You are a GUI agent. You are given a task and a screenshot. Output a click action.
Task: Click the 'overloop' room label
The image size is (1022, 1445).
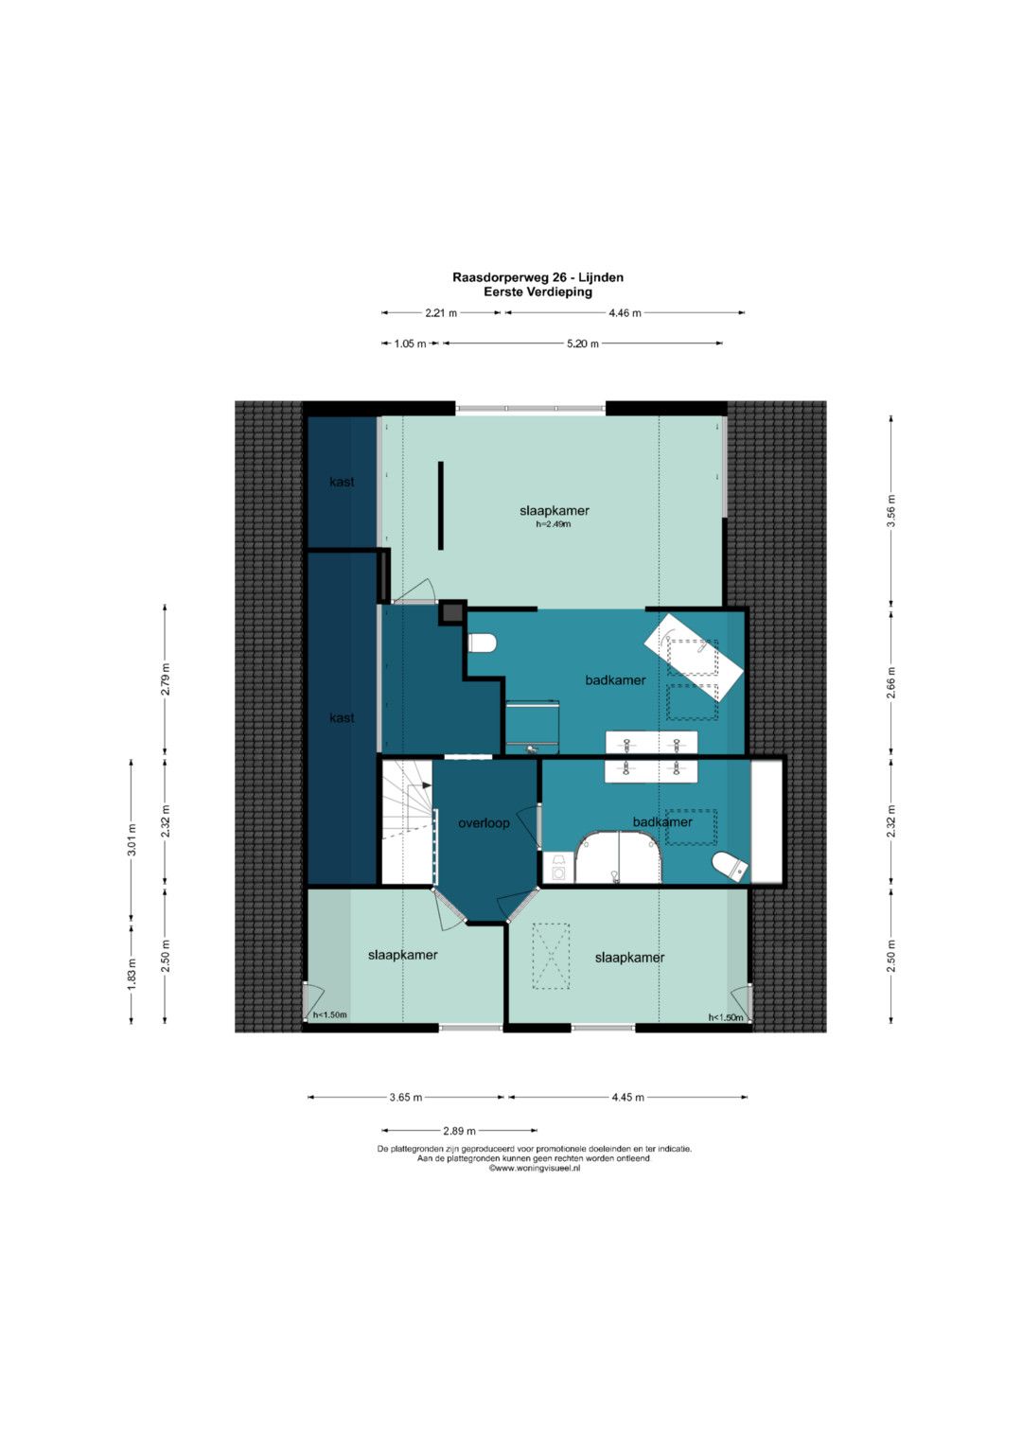point(484,823)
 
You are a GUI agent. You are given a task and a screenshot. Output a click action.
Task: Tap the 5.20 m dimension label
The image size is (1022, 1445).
point(583,344)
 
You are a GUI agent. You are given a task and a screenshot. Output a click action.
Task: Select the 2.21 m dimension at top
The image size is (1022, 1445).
point(441,313)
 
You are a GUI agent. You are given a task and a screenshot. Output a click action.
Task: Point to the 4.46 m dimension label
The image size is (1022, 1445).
point(625,313)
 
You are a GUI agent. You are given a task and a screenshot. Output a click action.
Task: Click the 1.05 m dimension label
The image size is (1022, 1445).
point(410,344)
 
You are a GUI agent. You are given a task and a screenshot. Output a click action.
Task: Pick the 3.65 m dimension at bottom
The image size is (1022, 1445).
point(406,1098)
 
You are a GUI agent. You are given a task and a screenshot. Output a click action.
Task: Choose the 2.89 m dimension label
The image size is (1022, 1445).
point(459,1131)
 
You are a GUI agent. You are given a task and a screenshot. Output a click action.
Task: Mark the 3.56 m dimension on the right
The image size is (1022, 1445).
point(891,510)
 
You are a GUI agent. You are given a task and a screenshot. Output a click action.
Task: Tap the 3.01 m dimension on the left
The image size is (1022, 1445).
point(132,839)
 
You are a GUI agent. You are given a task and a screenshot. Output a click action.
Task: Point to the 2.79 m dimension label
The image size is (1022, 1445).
point(166,679)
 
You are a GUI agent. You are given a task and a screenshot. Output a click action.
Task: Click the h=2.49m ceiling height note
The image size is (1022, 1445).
point(554,524)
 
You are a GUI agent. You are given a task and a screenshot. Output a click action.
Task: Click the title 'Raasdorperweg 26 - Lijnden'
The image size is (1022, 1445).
point(537,277)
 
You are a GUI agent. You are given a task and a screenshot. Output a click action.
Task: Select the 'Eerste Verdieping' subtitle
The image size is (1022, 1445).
point(537,291)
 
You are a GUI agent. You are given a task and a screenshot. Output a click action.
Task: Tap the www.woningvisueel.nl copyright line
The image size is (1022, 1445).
point(535,1169)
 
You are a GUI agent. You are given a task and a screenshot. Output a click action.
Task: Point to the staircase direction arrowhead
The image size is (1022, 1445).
point(427,785)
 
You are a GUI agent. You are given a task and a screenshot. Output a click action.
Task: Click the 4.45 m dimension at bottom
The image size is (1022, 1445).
point(627,1098)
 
